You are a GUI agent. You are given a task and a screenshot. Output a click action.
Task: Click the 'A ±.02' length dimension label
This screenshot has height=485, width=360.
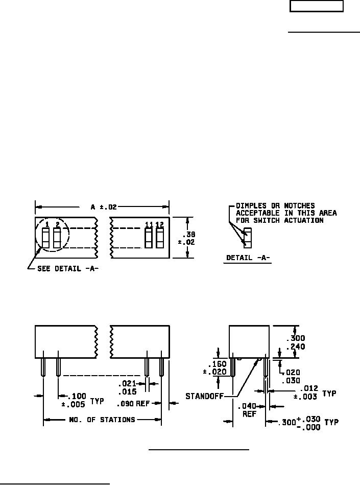click(104, 207)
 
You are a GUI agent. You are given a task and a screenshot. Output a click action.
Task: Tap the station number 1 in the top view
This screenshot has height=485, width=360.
click(47, 224)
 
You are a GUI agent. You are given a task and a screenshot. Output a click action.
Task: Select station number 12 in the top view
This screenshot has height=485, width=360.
click(160, 224)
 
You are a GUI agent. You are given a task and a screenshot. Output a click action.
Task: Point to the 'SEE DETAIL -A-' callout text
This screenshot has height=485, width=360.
click(68, 268)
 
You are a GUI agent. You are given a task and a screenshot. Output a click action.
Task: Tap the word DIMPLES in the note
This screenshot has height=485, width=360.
click(251, 205)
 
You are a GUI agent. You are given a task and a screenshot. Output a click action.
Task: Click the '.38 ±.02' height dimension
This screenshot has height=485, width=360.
click(187, 238)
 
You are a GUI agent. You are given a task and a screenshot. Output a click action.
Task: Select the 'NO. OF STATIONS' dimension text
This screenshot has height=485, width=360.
click(102, 420)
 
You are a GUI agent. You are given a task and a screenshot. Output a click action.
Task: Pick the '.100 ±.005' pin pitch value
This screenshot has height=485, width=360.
click(74, 400)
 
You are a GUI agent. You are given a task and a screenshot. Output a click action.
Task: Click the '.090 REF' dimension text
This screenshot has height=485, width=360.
click(133, 404)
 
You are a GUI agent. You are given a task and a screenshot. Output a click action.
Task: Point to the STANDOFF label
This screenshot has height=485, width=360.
click(204, 396)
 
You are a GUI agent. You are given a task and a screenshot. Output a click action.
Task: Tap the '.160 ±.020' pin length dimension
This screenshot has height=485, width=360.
click(215, 368)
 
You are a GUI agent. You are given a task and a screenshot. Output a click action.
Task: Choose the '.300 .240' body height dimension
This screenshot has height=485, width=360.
click(296, 342)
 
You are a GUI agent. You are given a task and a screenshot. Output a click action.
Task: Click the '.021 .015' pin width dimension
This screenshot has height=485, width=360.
click(128, 387)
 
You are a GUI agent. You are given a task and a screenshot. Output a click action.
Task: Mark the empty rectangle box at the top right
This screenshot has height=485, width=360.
click(317, 6)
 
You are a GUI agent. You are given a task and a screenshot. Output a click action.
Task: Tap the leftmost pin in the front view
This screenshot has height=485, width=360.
click(43, 367)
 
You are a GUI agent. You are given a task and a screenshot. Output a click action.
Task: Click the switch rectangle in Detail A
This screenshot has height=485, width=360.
click(248, 238)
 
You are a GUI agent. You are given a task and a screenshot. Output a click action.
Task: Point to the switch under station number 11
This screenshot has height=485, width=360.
click(149, 238)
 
